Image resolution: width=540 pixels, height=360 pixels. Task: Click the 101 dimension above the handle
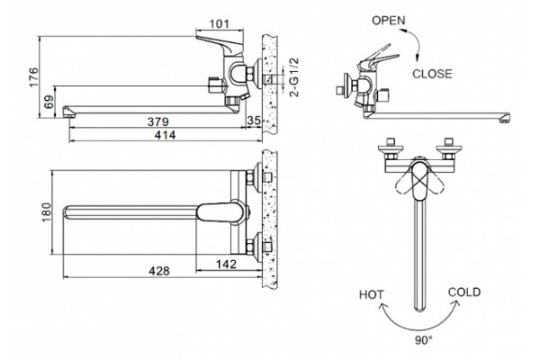(x=219, y=23)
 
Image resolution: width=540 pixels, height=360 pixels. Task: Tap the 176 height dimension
(x=34, y=77)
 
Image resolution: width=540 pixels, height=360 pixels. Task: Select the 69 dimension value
(x=49, y=102)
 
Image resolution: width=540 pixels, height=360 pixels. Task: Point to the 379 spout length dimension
(x=158, y=121)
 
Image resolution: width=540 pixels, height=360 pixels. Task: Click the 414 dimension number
(x=165, y=135)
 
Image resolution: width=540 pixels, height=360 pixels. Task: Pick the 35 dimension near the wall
(x=254, y=121)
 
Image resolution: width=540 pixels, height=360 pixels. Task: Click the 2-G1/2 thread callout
(x=294, y=77)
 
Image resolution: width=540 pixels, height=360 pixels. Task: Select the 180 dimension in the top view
(x=46, y=212)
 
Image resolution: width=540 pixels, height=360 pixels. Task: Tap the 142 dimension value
(x=226, y=265)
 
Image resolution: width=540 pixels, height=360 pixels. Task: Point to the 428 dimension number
(x=159, y=271)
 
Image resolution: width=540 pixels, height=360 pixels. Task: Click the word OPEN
(x=389, y=21)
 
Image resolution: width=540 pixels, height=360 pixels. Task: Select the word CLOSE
(x=432, y=74)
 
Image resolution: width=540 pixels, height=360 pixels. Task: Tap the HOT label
(x=371, y=295)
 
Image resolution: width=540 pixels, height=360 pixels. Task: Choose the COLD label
(x=464, y=292)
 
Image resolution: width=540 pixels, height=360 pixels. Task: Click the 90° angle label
(x=424, y=340)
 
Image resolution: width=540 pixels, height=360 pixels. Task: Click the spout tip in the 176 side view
(x=67, y=112)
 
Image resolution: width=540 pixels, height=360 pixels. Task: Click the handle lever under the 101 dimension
(x=220, y=42)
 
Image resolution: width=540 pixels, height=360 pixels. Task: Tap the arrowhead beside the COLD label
(x=456, y=303)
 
